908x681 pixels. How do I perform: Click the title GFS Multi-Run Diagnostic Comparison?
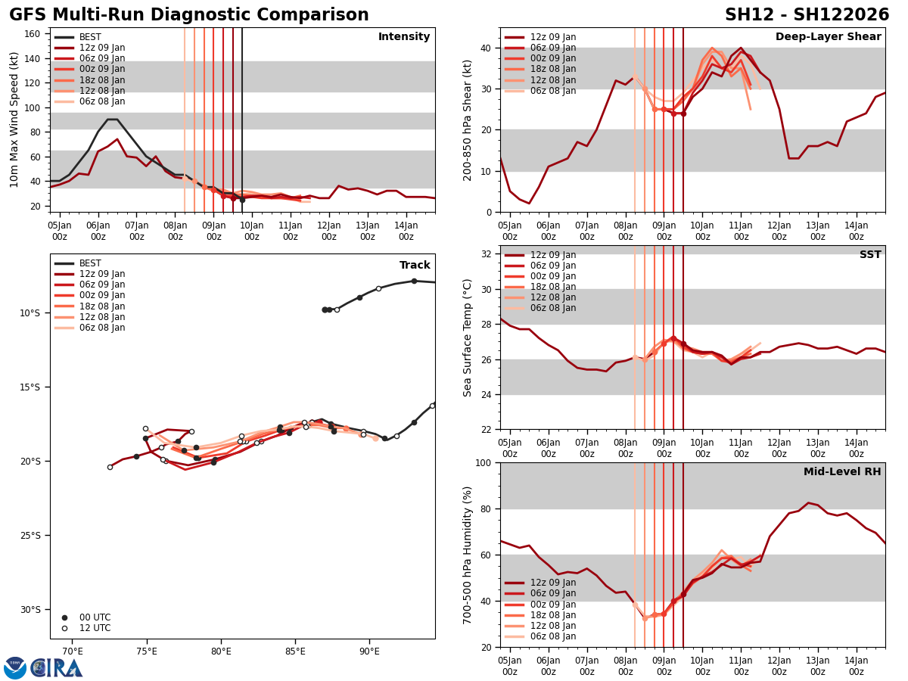point(189,15)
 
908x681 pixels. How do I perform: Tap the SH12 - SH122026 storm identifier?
point(807,15)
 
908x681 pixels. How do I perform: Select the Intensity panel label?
point(404,37)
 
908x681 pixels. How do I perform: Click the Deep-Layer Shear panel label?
point(828,37)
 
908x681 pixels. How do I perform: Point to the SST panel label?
point(870,255)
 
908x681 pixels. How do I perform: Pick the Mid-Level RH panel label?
point(842,472)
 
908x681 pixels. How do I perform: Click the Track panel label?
point(415,266)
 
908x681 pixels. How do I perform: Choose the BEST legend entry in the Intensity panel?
point(90,37)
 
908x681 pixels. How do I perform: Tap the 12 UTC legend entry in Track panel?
point(95,628)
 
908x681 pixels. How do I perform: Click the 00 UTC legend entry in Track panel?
point(95,617)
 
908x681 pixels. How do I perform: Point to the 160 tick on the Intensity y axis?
point(33,34)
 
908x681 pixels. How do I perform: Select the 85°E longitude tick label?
point(295,651)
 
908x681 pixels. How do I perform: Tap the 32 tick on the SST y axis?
point(487,254)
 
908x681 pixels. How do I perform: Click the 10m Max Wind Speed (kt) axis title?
point(14,120)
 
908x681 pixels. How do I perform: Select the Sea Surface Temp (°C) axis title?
point(468,337)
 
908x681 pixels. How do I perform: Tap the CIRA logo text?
point(56,667)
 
